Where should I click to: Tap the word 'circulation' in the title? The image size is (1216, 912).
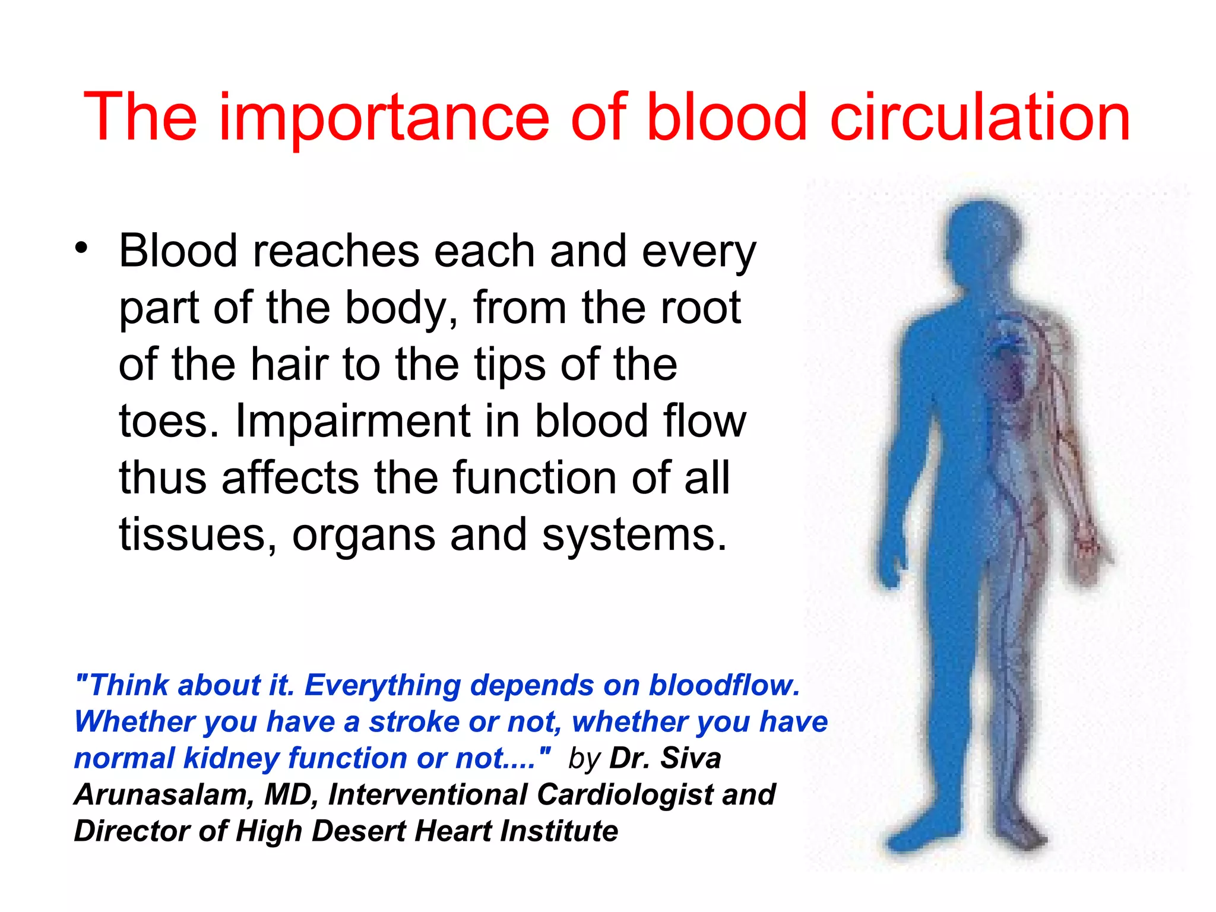click(x=980, y=118)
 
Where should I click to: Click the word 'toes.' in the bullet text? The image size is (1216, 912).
click(x=169, y=422)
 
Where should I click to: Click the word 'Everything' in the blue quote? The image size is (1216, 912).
click(x=382, y=685)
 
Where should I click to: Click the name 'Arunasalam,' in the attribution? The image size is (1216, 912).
click(x=164, y=794)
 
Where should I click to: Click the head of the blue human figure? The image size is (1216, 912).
click(x=983, y=237)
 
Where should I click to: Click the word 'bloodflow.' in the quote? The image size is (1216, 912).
click(x=724, y=685)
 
